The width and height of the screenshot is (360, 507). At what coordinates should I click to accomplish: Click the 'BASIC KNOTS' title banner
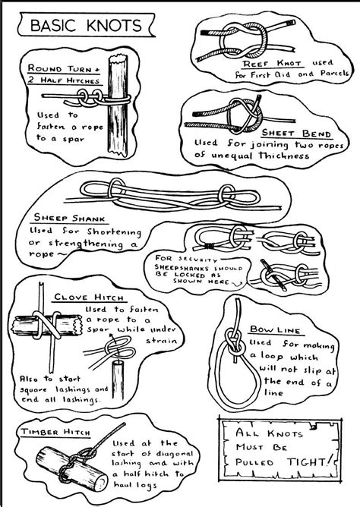click(x=85, y=25)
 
